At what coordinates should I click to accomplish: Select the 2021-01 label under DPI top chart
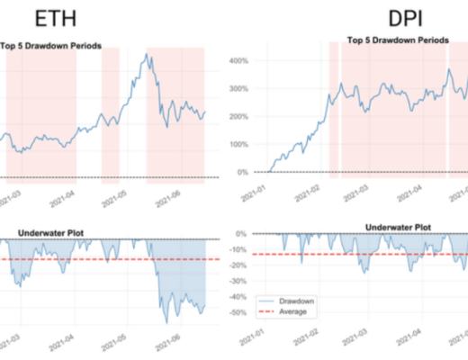255,191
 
